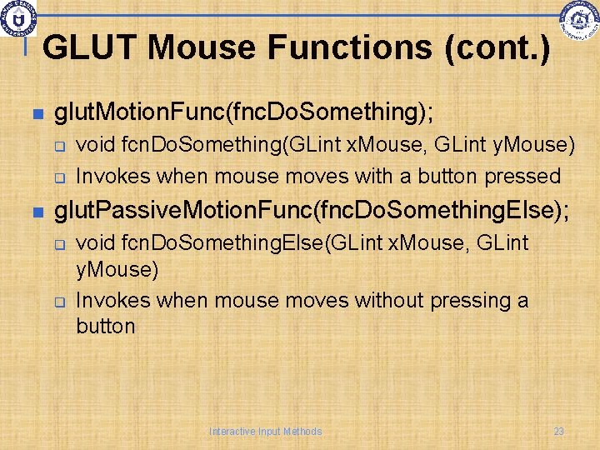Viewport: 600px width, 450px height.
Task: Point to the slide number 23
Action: (x=558, y=432)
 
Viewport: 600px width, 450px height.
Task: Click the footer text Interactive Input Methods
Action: (x=265, y=432)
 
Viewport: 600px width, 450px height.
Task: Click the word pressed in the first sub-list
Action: (x=525, y=177)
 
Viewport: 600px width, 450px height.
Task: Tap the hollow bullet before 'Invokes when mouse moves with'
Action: (x=61, y=177)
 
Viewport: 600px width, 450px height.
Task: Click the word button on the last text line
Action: (x=105, y=326)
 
